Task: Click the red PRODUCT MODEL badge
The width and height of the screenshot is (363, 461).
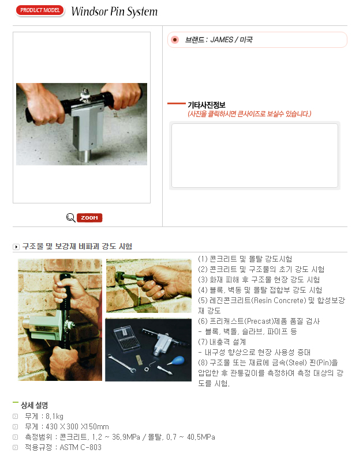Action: point(39,10)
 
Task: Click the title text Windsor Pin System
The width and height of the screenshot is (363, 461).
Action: point(114,12)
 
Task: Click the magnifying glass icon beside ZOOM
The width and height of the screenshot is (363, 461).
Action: point(70,217)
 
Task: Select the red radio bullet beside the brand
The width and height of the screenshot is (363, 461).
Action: point(175,40)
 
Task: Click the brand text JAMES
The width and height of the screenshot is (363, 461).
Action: point(222,40)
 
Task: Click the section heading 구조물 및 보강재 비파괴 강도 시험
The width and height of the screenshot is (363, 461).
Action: point(77,246)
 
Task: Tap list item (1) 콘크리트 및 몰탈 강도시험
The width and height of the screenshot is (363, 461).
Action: point(245,259)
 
